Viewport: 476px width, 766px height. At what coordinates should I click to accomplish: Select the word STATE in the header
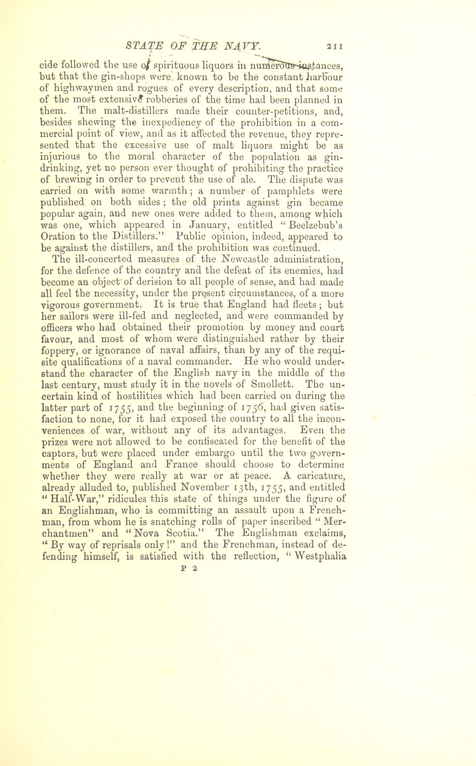coord(144,46)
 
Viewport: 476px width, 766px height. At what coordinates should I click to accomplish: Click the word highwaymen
coord(75,89)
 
